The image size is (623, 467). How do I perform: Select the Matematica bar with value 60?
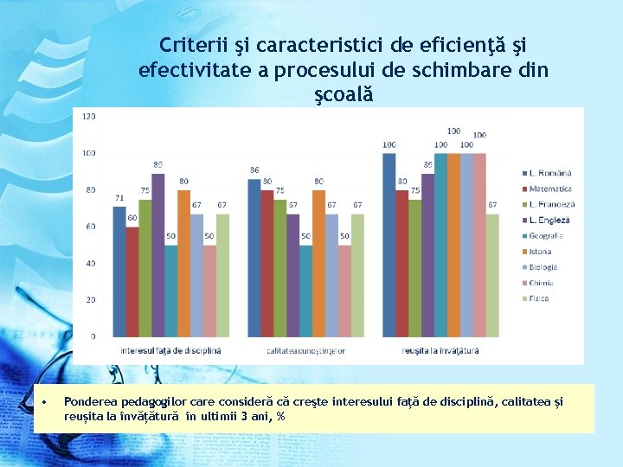pyautogui.click(x=132, y=281)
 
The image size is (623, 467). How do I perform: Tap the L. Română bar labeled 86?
pyautogui.click(x=254, y=257)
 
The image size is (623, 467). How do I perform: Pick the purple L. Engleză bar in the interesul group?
pyautogui.click(x=158, y=254)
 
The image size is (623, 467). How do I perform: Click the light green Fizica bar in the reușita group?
pyautogui.click(x=492, y=275)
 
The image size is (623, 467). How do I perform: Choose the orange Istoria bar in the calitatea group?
pyautogui.click(x=319, y=262)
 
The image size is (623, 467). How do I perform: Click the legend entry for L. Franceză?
pyautogui.click(x=550, y=204)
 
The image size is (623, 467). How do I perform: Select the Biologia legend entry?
pyautogui.click(x=543, y=267)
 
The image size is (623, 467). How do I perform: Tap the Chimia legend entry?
pyautogui.click(x=541, y=283)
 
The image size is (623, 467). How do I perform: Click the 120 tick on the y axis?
pyautogui.click(x=89, y=116)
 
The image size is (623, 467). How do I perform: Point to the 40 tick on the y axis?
pyautogui.click(x=91, y=263)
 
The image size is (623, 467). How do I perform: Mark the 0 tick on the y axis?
pyautogui.click(x=93, y=336)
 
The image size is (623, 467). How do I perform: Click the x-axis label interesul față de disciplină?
pyautogui.click(x=171, y=351)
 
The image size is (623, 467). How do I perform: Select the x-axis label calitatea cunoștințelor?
pyautogui.click(x=306, y=351)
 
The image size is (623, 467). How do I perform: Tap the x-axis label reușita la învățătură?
pyautogui.click(x=440, y=351)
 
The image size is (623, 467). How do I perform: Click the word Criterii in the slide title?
pyautogui.click(x=189, y=45)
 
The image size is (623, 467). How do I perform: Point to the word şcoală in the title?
pyautogui.click(x=343, y=93)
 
